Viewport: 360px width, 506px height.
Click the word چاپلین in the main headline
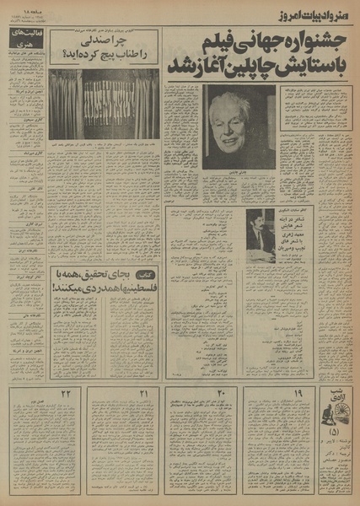244,66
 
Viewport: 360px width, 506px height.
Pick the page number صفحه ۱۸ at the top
18,8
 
